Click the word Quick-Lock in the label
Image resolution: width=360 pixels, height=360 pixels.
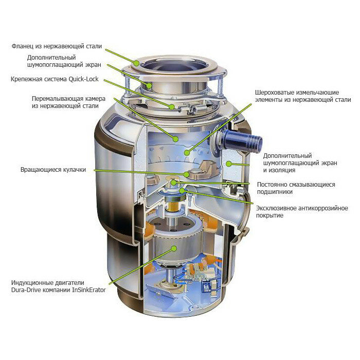83,79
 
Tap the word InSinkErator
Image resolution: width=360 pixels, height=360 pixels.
89,290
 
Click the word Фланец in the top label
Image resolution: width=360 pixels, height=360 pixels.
23,46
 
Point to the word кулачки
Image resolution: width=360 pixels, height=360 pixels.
75,170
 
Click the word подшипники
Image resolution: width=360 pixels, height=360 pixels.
275,192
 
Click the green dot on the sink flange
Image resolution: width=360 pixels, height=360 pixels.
137,63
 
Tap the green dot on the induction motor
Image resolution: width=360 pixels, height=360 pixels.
174,248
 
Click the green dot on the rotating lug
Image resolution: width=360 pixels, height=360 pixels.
186,174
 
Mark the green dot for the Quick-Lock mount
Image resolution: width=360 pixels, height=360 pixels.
172,107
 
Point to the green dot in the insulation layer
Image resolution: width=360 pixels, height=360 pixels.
229,164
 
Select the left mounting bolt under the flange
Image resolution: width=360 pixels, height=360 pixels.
127,85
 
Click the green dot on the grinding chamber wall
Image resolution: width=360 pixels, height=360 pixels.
176,139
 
